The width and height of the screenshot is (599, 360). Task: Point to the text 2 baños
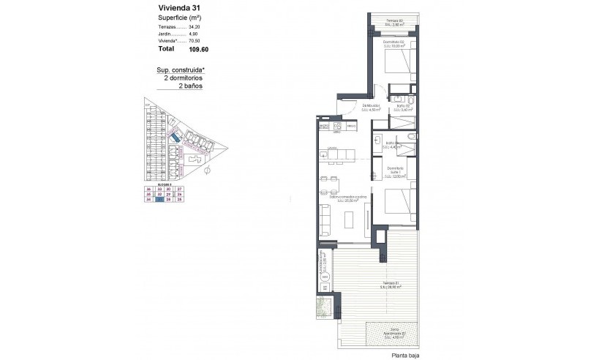point(191,86)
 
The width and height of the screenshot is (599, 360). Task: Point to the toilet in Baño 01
point(412,137)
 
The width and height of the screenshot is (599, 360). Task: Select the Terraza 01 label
point(388,284)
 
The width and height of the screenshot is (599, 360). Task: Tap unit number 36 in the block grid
point(148,190)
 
